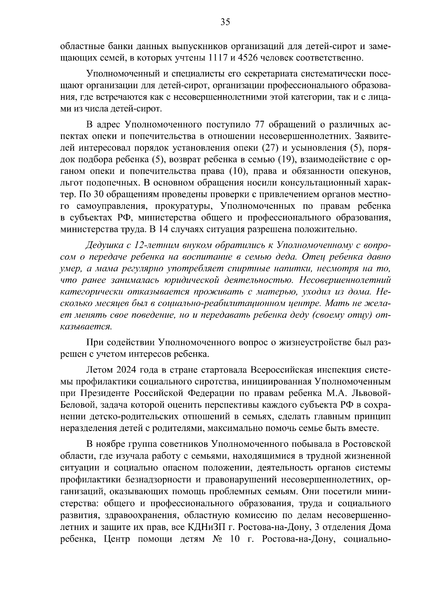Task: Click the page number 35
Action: (225, 22)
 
